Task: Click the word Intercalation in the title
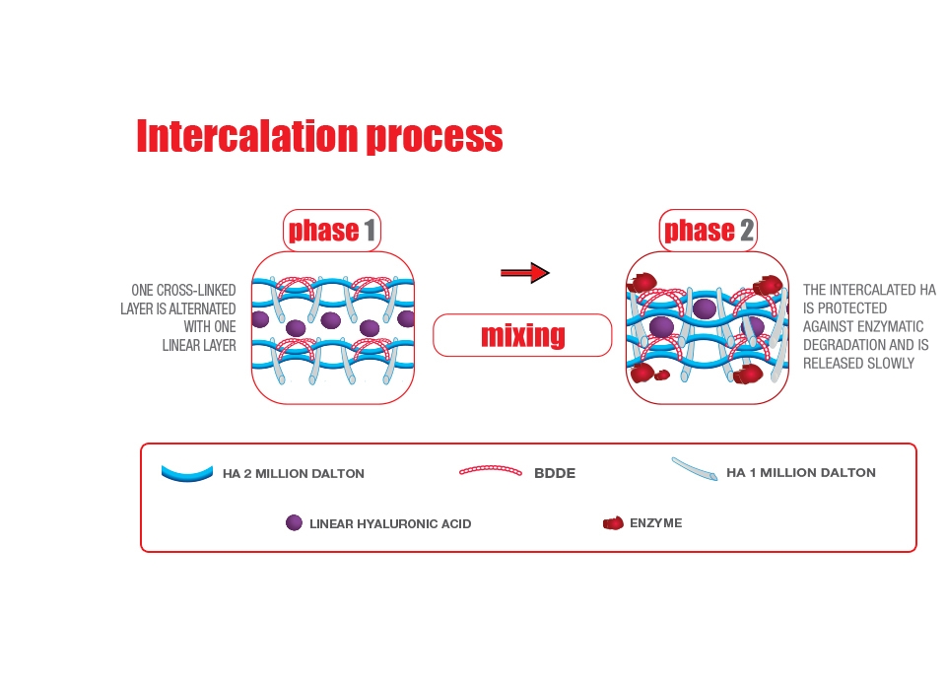tap(248, 135)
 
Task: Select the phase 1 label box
tap(332, 230)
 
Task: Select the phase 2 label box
tap(708, 230)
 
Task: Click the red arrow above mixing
tap(525, 273)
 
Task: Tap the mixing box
tap(522, 335)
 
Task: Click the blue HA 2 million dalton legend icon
tap(187, 474)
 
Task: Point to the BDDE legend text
tap(555, 473)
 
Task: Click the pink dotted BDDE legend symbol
tap(491, 471)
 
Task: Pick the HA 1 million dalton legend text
tap(800, 472)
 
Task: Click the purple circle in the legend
tap(294, 522)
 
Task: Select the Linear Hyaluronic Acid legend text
tap(390, 523)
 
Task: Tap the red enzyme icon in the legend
tap(613, 523)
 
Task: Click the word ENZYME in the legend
tap(656, 523)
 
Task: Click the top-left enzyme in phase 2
tap(642, 283)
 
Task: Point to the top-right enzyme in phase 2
tap(768, 285)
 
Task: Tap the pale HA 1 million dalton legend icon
tap(695, 469)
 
